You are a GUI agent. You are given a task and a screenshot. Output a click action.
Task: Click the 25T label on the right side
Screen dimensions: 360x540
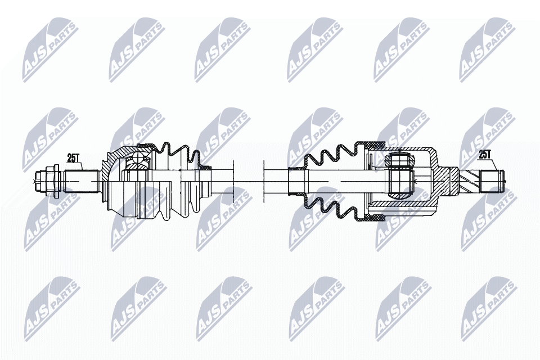click(x=485, y=154)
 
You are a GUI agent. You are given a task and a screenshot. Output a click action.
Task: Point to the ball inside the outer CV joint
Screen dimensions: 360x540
click(x=135, y=164)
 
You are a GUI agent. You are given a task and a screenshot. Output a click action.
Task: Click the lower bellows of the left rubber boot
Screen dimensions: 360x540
click(x=174, y=211)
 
